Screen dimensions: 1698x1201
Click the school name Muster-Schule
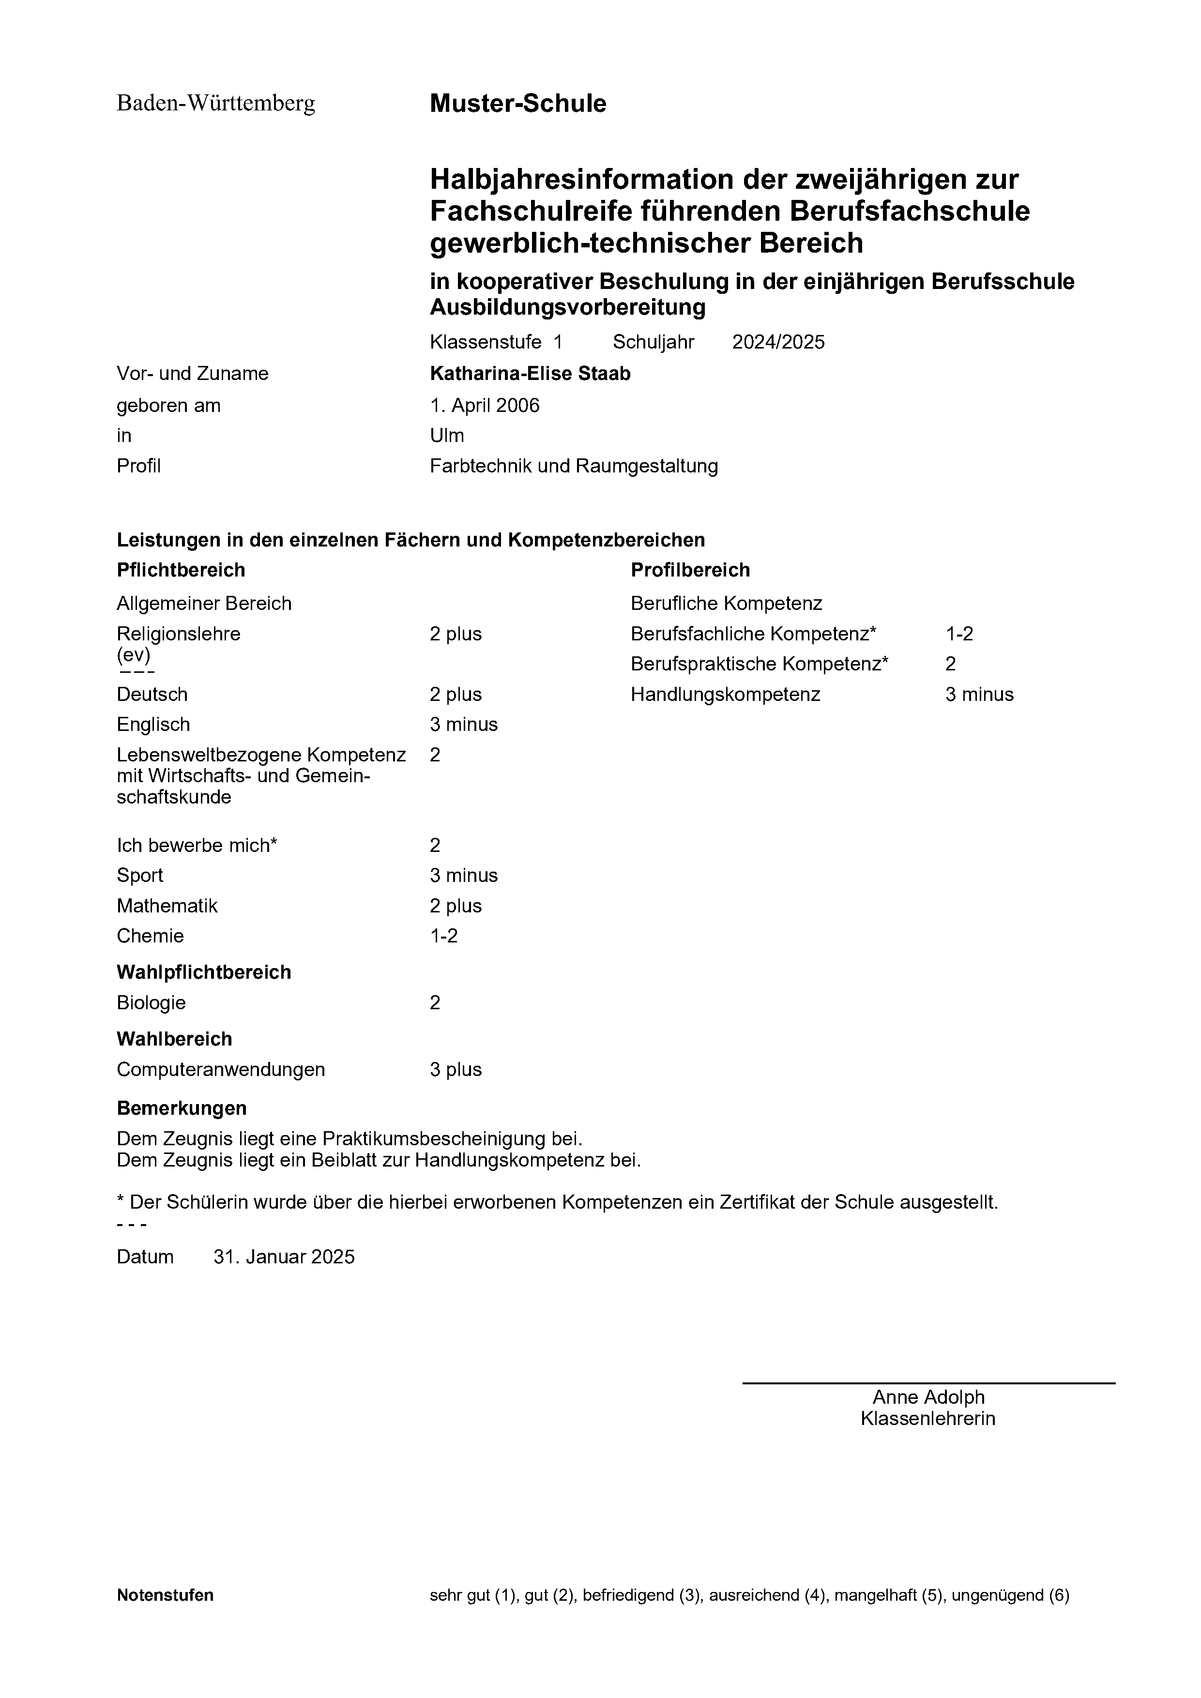(x=517, y=104)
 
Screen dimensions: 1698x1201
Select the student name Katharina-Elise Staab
(x=530, y=374)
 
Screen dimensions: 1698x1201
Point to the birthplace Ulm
(x=447, y=436)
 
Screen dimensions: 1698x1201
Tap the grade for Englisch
(x=464, y=725)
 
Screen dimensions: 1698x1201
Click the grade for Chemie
(x=444, y=936)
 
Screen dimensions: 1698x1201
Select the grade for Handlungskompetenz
(x=979, y=695)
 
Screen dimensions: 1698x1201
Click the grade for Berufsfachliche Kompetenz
(x=959, y=634)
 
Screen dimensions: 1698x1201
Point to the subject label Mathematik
(x=167, y=906)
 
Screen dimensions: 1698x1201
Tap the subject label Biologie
(x=151, y=1003)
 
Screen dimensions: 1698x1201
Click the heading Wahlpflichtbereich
(x=204, y=972)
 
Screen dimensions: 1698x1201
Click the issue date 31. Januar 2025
(x=284, y=1257)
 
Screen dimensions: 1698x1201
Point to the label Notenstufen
(x=165, y=1595)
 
